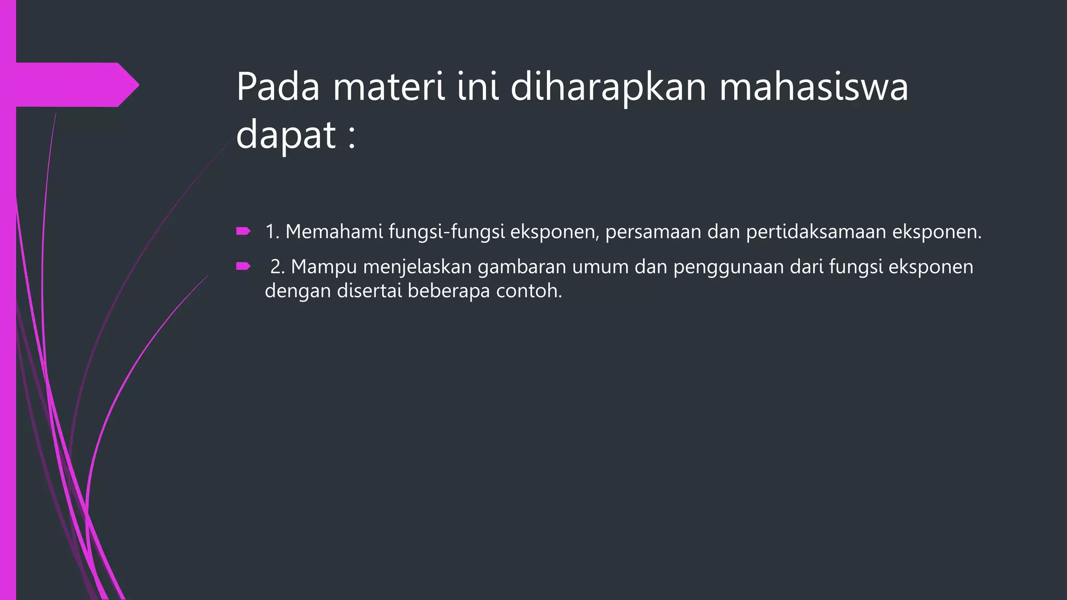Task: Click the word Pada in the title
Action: tap(278, 86)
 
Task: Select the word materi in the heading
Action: tap(389, 86)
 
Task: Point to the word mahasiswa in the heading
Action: tap(814, 86)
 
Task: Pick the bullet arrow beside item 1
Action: tap(243, 231)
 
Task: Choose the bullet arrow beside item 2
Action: tap(243, 266)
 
